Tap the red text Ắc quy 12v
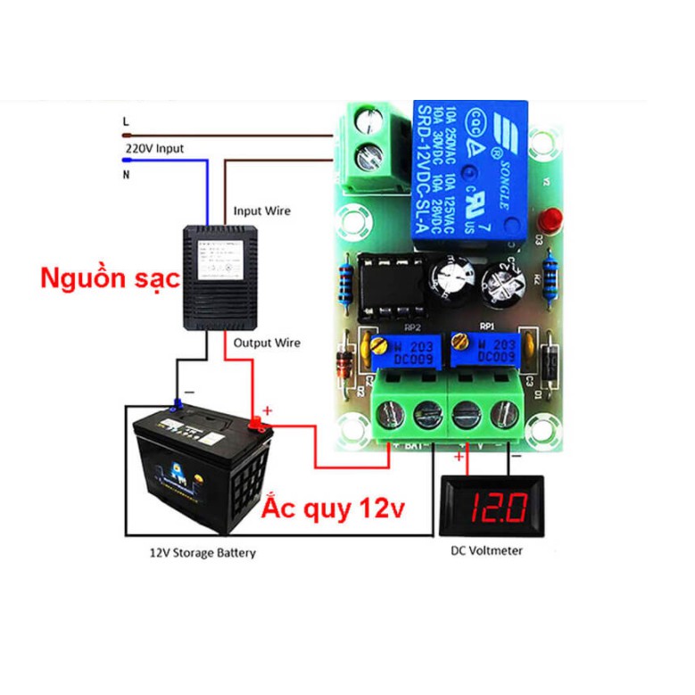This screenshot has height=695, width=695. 334,509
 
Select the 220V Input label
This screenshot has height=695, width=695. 154,148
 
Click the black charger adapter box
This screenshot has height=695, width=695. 215,277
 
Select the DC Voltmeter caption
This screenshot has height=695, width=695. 487,550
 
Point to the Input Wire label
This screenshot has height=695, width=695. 261,211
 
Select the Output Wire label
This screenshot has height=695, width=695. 267,343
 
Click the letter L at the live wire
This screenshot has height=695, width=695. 126,120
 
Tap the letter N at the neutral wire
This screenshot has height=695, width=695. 127,176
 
